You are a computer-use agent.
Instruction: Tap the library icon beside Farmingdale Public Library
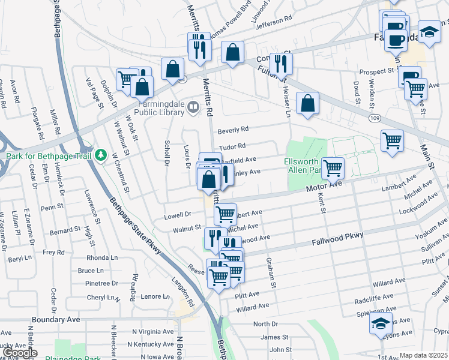click(x=193, y=107)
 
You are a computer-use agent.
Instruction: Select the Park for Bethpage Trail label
click(x=49, y=157)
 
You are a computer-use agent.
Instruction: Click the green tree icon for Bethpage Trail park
click(x=103, y=156)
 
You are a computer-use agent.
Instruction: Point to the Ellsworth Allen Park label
click(x=304, y=166)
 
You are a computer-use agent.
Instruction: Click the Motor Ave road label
click(x=324, y=188)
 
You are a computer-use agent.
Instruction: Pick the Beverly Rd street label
click(x=233, y=130)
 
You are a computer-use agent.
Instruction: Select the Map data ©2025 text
click(x=423, y=355)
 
